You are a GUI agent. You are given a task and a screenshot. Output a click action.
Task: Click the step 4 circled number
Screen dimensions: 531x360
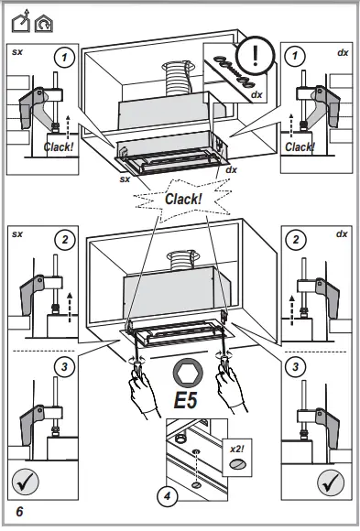coord(166,497)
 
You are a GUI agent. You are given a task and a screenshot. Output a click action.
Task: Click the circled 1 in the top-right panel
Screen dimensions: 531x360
coord(296,57)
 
